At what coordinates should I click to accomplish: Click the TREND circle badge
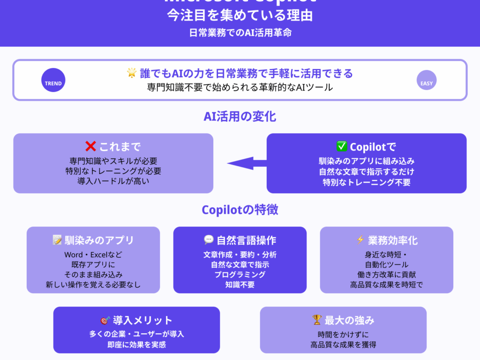(53, 83)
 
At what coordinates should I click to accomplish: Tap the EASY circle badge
(427, 83)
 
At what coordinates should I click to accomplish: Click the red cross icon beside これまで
(90, 146)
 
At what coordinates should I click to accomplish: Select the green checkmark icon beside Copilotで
(341, 146)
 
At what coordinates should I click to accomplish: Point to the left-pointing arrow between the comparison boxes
(247, 163)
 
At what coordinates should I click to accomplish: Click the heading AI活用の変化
(240, 117)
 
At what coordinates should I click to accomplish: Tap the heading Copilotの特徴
(240, 210)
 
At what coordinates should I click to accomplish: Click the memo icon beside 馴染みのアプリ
(57, 240)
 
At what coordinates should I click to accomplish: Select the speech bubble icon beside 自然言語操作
(209, 240)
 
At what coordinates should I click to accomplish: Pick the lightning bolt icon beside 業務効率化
(360, 240)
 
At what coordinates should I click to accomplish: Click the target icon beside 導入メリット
(105, 321)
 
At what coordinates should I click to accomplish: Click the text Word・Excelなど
(93, 255)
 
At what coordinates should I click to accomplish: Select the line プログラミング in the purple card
(240, 275)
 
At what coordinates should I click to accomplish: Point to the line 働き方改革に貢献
(386, 275)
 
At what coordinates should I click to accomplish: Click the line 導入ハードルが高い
(113, 181)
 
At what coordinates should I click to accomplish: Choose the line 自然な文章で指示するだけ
(366, 172)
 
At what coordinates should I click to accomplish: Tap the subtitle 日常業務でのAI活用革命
(240, 33)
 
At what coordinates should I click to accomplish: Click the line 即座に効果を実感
(136, 345)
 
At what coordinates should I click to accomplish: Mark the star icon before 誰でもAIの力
(131, 73)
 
